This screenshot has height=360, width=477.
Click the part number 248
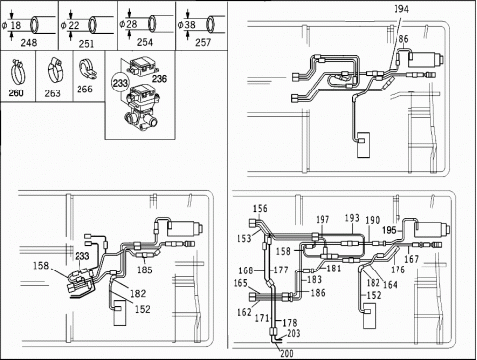tap(29, 43)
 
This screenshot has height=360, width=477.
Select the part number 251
tap(86, 44)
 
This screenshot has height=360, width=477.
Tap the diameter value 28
tap(131, 24)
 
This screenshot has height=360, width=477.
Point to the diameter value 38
tap(190, 25)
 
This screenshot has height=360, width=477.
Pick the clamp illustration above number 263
tap(56, 70)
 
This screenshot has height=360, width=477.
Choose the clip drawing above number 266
tap(87, 69)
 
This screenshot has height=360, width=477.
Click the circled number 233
tap(120, 83)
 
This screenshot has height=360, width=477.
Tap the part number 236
tap(159, 79)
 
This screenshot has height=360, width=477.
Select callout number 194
tap(401, 9)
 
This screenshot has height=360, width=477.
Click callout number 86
tap(403, 39)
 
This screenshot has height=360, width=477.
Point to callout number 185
tap(145, 270)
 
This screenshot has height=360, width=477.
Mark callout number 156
tap(260, 208)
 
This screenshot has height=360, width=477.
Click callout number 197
tap(322, 219)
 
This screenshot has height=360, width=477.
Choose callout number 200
tap(287, 353)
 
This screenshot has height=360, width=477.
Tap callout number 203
tap(294, 333)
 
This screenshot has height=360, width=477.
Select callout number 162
tap(244, 312)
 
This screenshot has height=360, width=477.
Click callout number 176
tap(397, 270)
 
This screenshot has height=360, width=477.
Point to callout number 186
tap(318, 292)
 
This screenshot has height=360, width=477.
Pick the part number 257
tap(203, 42)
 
